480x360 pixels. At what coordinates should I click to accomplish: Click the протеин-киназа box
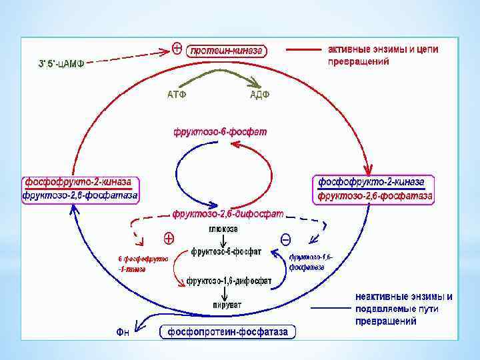[227, 50]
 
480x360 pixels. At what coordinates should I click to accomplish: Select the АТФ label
[176, 94]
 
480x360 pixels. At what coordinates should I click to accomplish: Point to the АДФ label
[259, 94]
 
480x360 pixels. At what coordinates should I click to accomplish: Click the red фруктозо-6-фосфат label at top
[220, 132]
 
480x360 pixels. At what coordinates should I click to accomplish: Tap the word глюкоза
[223, 229]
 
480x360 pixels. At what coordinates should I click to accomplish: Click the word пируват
[223, 305]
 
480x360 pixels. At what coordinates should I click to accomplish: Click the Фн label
[121, 331]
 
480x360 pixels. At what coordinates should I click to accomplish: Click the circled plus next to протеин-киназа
[178, 49]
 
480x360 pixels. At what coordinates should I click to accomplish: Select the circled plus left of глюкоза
[169, 237]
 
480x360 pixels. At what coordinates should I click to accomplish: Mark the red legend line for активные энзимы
[303, 49]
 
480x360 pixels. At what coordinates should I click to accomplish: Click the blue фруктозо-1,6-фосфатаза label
[310, 262]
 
